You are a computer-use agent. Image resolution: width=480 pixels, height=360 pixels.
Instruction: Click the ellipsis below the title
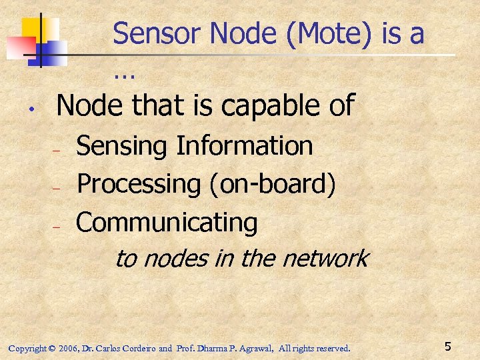124,75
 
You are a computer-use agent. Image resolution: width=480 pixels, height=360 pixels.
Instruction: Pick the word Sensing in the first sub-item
122,146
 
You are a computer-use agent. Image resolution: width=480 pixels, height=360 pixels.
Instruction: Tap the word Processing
139,185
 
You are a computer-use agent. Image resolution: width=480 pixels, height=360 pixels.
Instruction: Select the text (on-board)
273,185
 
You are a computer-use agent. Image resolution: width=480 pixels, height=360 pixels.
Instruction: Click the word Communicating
167,223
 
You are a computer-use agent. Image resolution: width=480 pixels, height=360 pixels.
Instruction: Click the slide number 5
448,347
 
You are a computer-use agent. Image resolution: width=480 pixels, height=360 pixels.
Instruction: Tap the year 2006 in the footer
69,348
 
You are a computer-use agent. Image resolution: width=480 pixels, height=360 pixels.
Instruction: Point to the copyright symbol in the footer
52,348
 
